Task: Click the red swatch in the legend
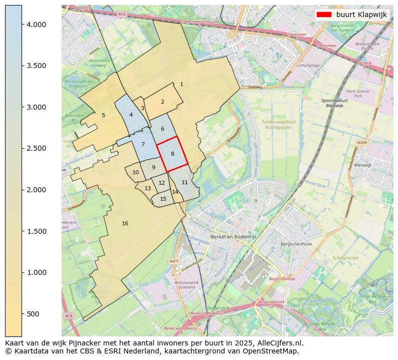click(324, 15)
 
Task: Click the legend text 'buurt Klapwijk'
click(361, 15)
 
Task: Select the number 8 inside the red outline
click(172, 154)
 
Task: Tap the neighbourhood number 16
click(125, 223)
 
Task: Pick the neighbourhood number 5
click(104, 115)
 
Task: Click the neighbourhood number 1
click(181, 84)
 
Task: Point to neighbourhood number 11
click(184, 182)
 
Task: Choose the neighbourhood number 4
click(131, 115)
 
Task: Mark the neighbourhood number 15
click(163, 199)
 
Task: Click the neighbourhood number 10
click(135, 172)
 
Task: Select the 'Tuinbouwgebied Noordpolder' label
click(276, 125)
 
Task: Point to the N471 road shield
click(174, 261)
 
